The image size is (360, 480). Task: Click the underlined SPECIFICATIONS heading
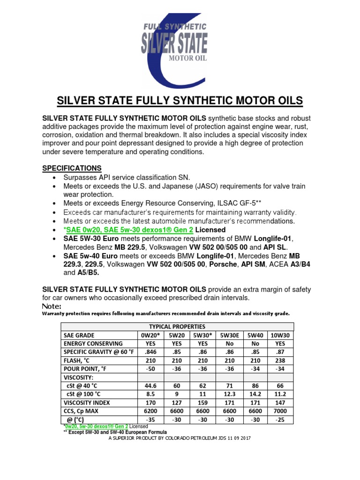(x=72, y=168)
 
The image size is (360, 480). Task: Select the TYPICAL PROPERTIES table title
(x=177, y=326)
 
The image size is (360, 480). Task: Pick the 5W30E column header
(x=230, y=335)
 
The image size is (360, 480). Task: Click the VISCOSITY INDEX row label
(x=86, y=402)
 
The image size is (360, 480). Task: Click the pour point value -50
(x=150, y=369)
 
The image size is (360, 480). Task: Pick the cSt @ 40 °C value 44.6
(x=150, y=385)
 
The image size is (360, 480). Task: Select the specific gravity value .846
(x=150, y=352)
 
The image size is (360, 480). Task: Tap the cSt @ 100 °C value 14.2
(x=256, y=394)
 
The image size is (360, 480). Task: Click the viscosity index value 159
(x=203, y=402)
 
